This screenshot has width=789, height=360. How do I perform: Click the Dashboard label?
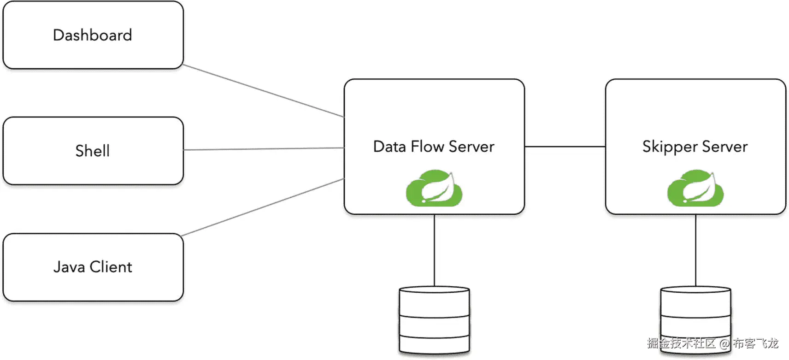[93, 35]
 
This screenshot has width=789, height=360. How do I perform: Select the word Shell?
[93, 151]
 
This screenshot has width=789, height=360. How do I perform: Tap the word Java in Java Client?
[69, 267]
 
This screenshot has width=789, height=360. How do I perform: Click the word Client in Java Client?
[111, 266]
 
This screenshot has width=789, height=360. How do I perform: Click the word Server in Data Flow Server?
[471, 147]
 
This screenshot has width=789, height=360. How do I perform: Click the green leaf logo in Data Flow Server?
[434, 188]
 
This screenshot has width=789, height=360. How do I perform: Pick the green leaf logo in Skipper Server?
[695, 188]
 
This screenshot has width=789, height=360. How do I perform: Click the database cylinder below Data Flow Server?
[434, 320]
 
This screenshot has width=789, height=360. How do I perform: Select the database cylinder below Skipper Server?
[695, 320]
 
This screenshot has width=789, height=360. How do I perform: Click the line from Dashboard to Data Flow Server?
[264, 90]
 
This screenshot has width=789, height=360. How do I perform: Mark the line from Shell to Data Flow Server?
[264, 149]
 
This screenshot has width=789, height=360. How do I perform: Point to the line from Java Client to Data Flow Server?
[262, 207]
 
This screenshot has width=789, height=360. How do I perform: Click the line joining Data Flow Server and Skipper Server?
[565, 147]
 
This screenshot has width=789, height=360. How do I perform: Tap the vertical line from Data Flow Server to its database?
[434, 250]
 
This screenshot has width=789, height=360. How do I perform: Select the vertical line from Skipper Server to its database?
[695, 250]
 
